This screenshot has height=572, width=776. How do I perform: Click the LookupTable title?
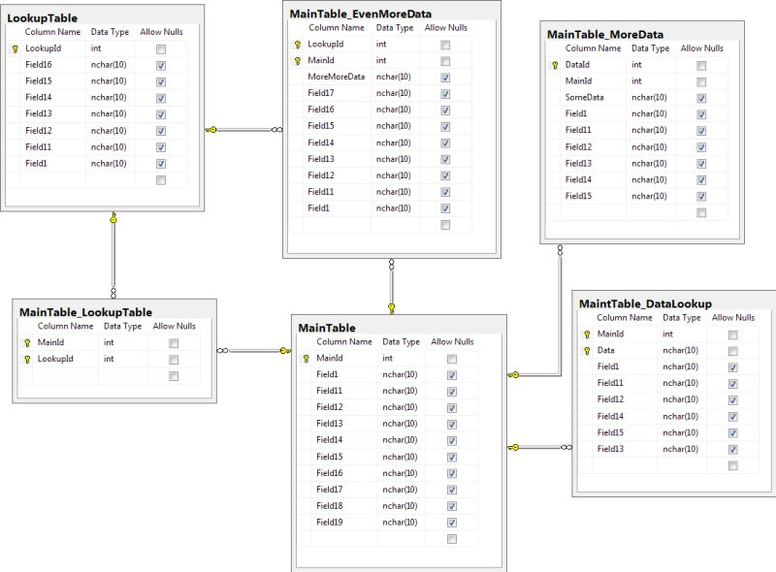click(43, 17)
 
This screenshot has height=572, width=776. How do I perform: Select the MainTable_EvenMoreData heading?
click(361, 14)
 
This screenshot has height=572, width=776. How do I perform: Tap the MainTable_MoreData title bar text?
click(605, 34)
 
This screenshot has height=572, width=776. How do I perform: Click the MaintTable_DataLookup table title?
click(645, 303)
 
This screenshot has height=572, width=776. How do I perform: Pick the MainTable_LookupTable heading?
click(85, 312)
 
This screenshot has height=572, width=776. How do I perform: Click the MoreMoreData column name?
click(337, 77)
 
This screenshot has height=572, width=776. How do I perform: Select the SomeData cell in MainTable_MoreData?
click(585, 97)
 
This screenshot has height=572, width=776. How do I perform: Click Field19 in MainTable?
click(329, 522)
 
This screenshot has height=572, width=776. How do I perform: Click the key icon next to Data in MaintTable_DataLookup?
click(586, 350)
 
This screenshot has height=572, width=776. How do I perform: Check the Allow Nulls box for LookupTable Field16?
click(161, 64)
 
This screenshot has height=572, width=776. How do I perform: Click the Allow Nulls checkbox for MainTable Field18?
click(452, 506)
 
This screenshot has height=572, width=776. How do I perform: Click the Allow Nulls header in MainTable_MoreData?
click(701, 48)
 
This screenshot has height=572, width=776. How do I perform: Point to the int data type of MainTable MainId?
click(388, 358)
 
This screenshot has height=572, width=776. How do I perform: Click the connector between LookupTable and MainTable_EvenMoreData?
click(242, 129)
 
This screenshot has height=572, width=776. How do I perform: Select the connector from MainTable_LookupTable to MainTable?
click(254, 350)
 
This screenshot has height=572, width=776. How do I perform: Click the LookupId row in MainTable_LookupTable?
click(55, 359)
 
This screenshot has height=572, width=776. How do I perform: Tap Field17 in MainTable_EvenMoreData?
click(321, 93)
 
